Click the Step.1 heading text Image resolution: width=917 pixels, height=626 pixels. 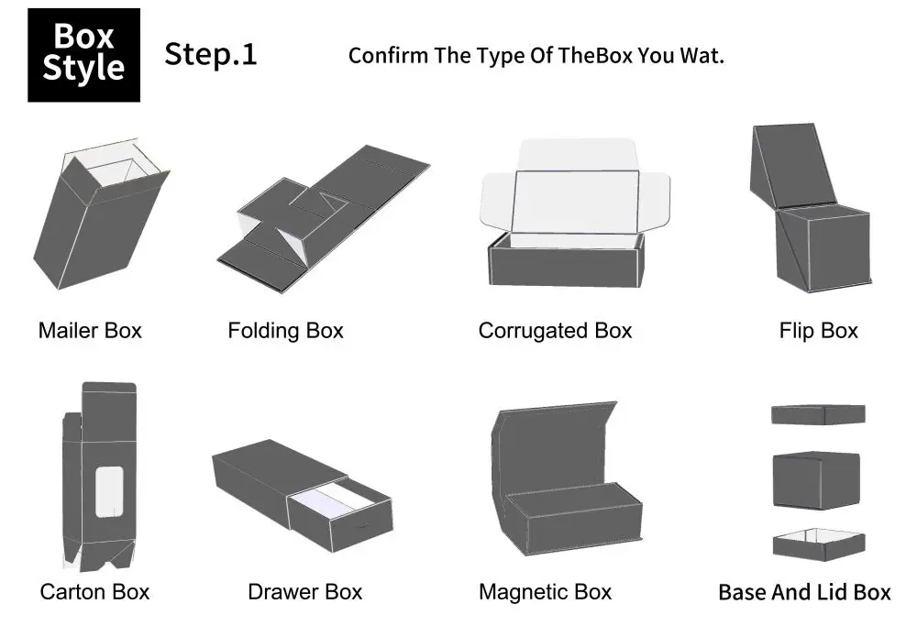pyautogui.click(x=211, y=54)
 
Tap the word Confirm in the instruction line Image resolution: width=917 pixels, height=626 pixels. pyautogui.click(x=389, y=55)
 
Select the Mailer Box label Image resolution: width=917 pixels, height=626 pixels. pyautogui.click(x=90, y=330)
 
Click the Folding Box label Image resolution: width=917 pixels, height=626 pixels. pyautogui.click(x=285, y=330)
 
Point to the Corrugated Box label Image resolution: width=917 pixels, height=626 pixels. pyautogui.click(x=555, y=330)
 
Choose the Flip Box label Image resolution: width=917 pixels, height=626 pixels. pyautogui.click(x=818, y=330)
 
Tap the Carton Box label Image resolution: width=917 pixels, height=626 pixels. pyautogui.click(x=94, y=592)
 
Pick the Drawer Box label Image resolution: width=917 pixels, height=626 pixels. pyautogui.click(x=304, y=592)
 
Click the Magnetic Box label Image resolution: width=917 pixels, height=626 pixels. pyautogui.click(x=545, y=592)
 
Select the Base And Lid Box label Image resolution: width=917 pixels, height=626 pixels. pyautogui.click(x=804, y=592)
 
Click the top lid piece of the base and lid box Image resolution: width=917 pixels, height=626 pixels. pyautogui.click(x=818, y=414)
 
